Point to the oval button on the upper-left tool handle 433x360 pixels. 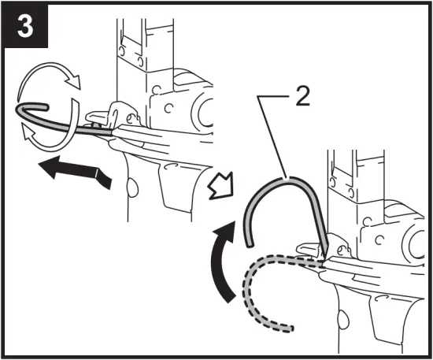(132, 187)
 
